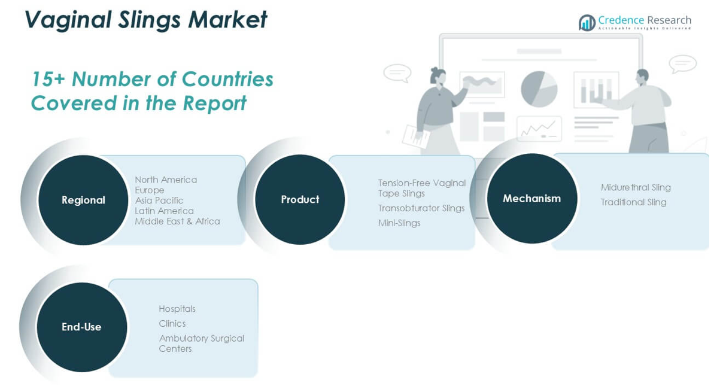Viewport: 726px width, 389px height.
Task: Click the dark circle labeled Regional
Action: (x=83, y=200)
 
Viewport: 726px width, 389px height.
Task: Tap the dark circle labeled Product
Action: (x=300, y=199)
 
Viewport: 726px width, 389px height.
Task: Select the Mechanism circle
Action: (x=532, y=199)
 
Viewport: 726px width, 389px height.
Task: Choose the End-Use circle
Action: (x=81, y=327)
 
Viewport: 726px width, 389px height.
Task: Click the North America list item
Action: (x=166, y=180)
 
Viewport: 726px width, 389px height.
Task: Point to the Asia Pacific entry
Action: (x=159, y=200)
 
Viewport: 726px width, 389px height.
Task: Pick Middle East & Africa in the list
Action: (x=177, y=221)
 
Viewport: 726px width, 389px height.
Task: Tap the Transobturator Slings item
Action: (x=421, y=208)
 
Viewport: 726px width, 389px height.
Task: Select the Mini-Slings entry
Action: (x=399, y=223)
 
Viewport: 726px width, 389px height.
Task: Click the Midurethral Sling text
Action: (x=636, y=187)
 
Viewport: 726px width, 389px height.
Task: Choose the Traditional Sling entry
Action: (x=634, y=202)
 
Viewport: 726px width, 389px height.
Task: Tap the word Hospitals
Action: (x=177, y=309)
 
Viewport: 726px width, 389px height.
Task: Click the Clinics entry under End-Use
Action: (x=172, y=324)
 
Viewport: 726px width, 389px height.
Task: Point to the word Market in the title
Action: (x=227, y=20)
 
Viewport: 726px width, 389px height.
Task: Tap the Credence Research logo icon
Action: (x=587, y=22)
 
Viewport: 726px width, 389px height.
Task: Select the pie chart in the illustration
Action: (x=539, y=89)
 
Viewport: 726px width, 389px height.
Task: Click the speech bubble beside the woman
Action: (x=397, y=73)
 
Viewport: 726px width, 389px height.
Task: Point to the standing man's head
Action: (x=642, y=78)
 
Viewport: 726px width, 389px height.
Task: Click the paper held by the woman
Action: (x=416, y=138)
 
